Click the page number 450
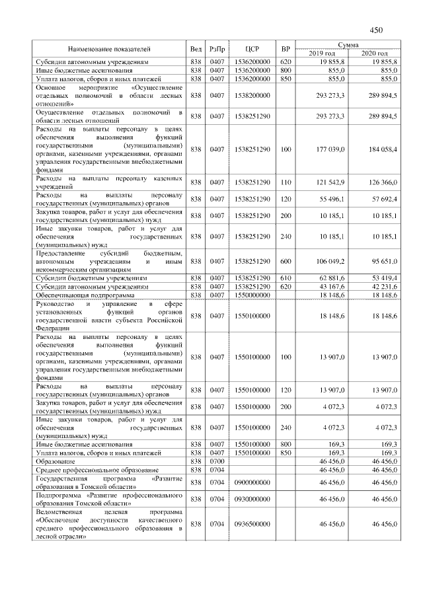(377, 30)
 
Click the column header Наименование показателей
(109, 49)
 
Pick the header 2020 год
(375, 53)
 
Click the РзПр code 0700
(217, 461)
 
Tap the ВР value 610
(286, 279)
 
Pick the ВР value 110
(286, 182)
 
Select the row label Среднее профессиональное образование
(93, 469)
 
